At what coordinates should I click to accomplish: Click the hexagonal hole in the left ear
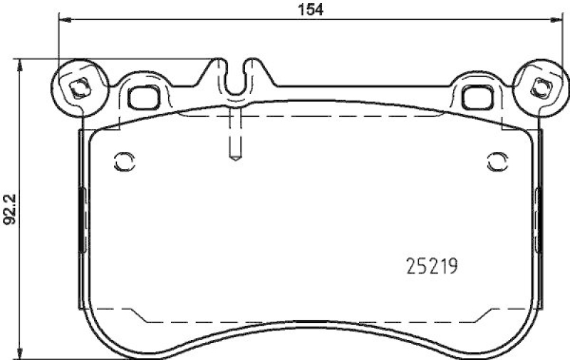[78, 90]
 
